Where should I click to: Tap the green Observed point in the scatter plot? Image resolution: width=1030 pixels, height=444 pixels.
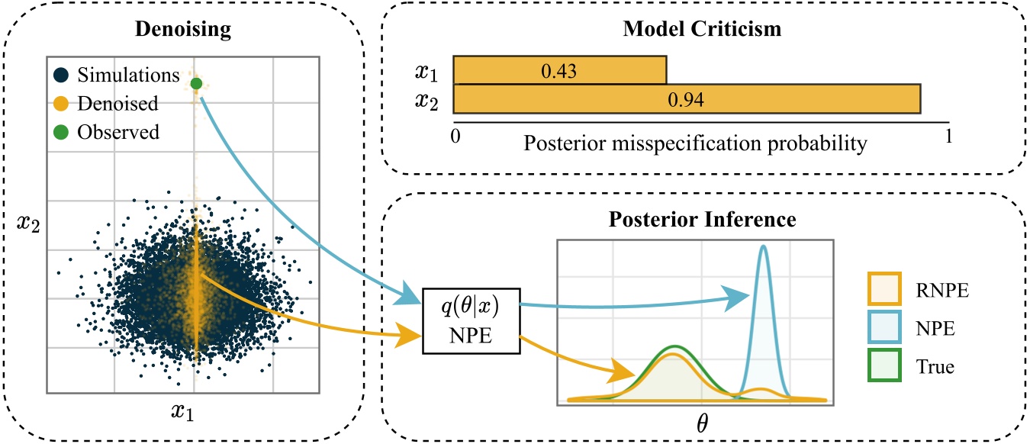click(195, 83)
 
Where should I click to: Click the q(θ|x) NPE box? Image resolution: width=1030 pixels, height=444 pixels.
click(471, 321)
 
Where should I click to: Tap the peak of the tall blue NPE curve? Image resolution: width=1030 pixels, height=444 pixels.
click(762, 246)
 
